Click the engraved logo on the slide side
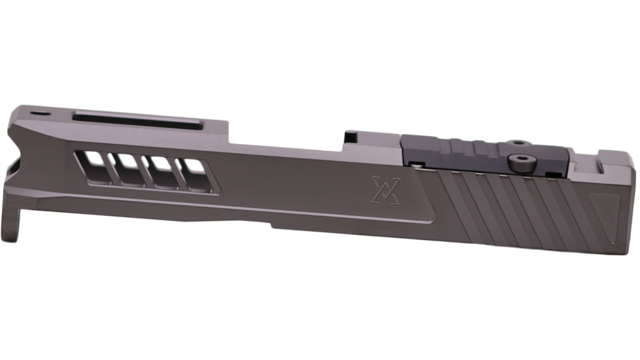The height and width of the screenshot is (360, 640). pos(383,190)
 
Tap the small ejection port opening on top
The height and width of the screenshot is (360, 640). pos(352,137)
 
